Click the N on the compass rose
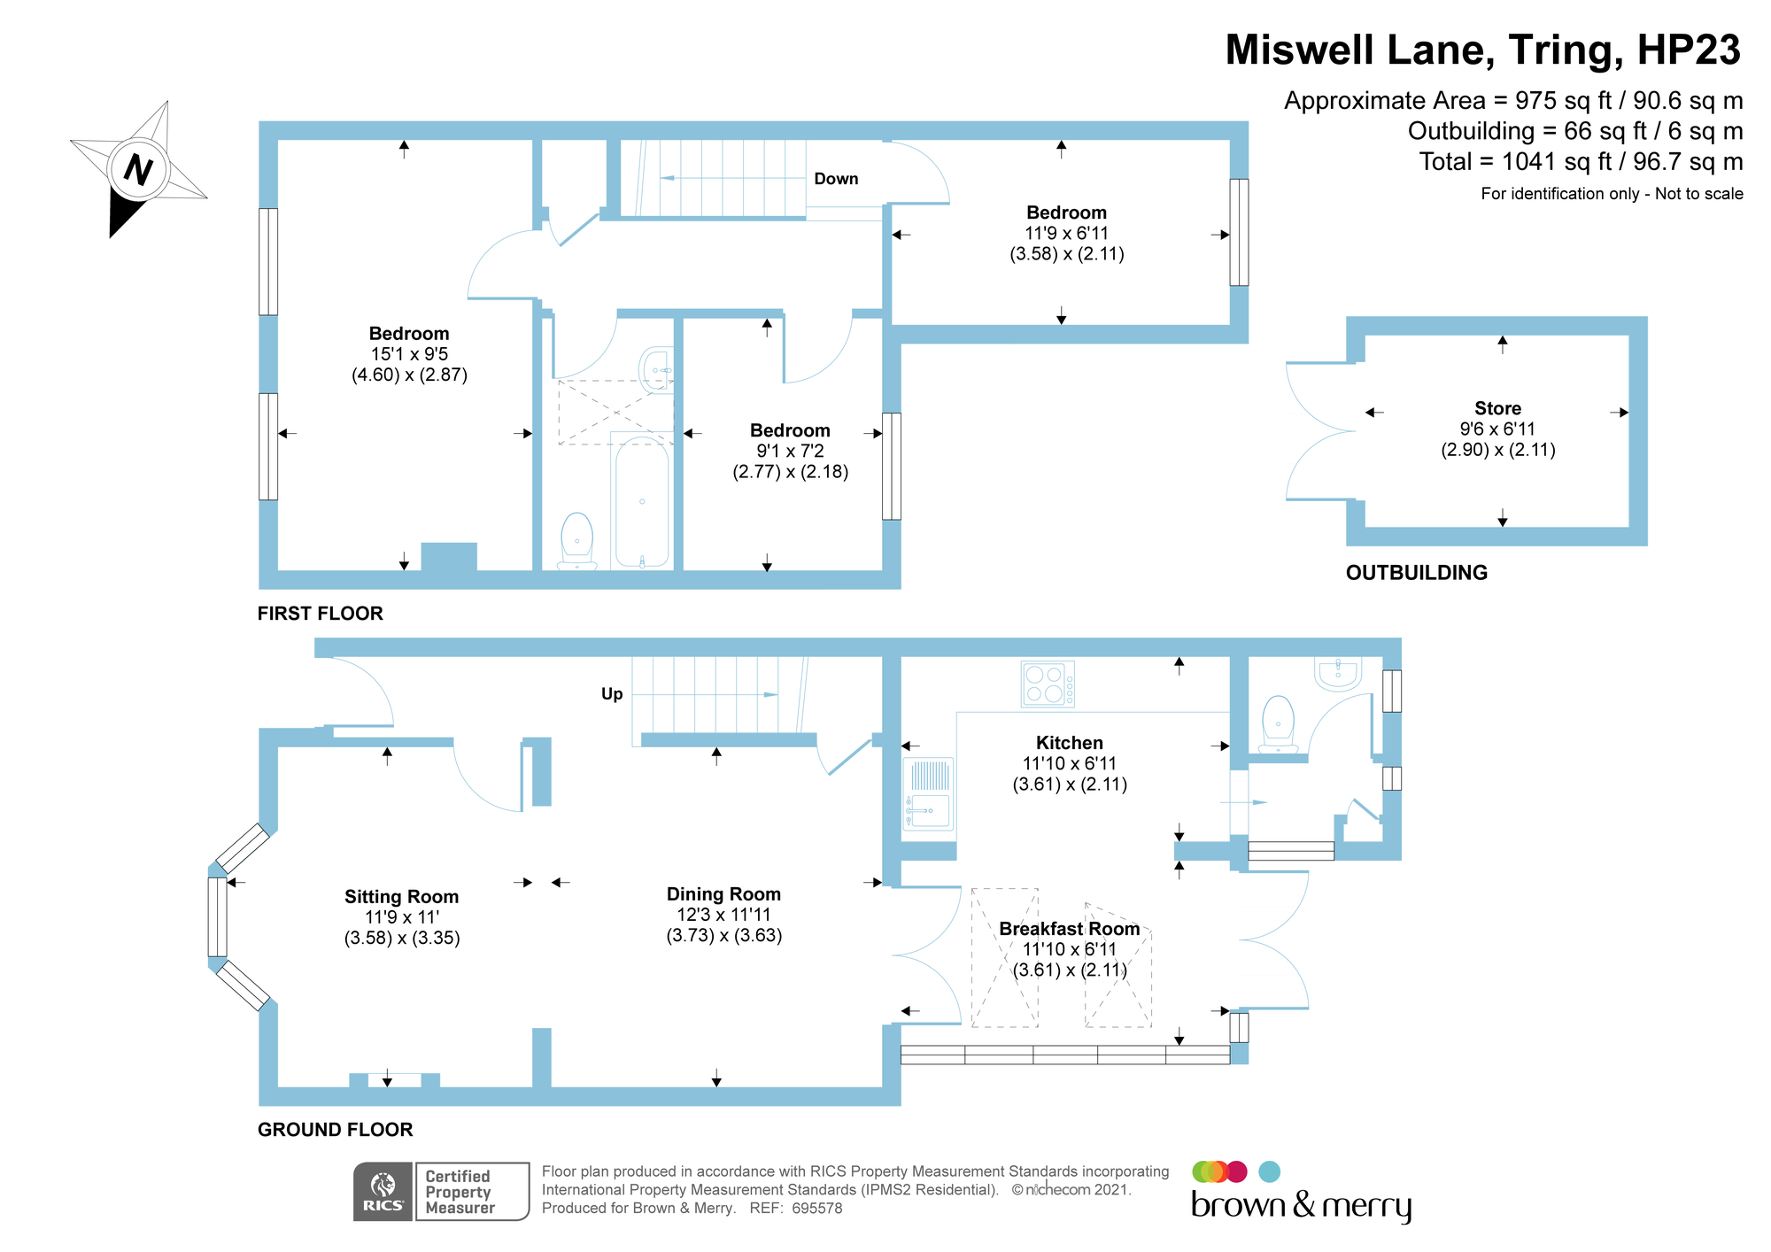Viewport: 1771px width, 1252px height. click(138, 168)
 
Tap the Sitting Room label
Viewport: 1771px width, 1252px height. click(401, 897)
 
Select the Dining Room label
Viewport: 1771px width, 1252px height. click(723, 894)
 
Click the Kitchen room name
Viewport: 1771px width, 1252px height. click(1070, 743)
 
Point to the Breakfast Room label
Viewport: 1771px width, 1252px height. click(1070, 929)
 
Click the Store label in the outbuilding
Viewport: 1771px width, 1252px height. click(1497, 408)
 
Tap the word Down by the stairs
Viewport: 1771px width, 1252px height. click(836, 179)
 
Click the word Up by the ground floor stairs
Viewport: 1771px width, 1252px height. click(612, 694)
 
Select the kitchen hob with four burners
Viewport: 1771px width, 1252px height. click(1047, 684)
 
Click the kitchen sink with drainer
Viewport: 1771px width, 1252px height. click(928, 794)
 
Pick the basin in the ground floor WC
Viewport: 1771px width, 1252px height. click(1338, 672)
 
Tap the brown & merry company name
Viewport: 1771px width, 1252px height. click(1301, 1205)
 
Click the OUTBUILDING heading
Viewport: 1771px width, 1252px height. click(1416, 573)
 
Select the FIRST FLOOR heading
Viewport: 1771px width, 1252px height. click(320, 614)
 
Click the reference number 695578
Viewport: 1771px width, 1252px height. click(816, 1209)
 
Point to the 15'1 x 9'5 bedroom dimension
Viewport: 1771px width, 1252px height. click(409, 354)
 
